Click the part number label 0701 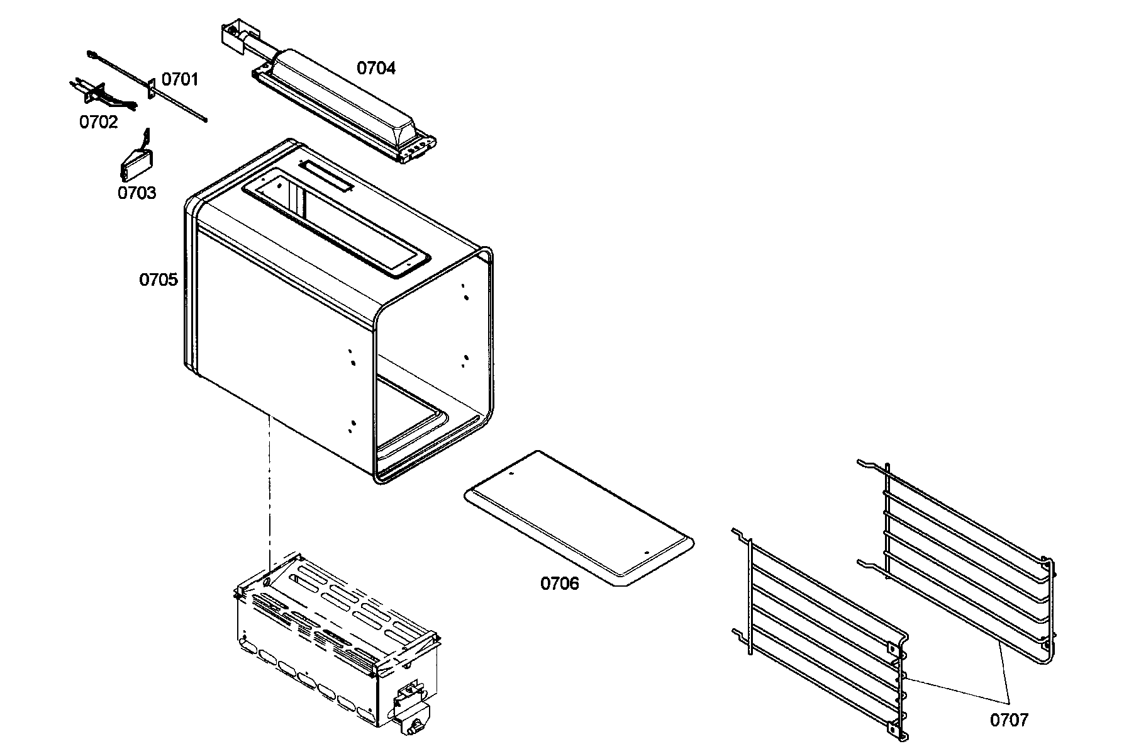click(x=179, y=79)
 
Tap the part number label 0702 click(x=98, y=122)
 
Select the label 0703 click(x=136, y=193)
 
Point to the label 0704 click(x=376, y=68)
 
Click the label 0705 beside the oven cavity click(x=158, y=279)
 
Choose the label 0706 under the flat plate click(x=559, y=584)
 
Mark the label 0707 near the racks click(x=1009, y=719)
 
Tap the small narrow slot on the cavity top click(x=326, y=176)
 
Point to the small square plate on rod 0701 click(x=152, y=89)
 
